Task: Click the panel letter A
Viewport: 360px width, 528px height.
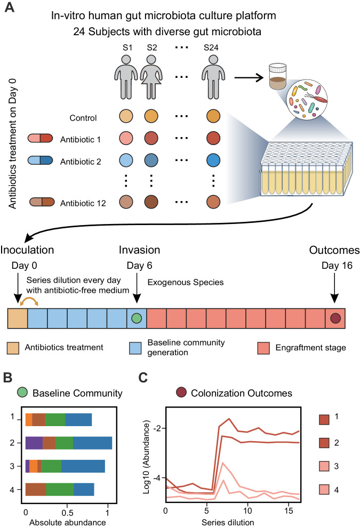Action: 9,10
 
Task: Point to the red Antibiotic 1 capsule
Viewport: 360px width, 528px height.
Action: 41,140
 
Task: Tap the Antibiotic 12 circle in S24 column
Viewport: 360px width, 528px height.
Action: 216,203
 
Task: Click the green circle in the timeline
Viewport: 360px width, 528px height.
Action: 136,318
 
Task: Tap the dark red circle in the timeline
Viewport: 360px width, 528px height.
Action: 335,318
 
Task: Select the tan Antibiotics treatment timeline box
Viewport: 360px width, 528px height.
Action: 17,318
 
